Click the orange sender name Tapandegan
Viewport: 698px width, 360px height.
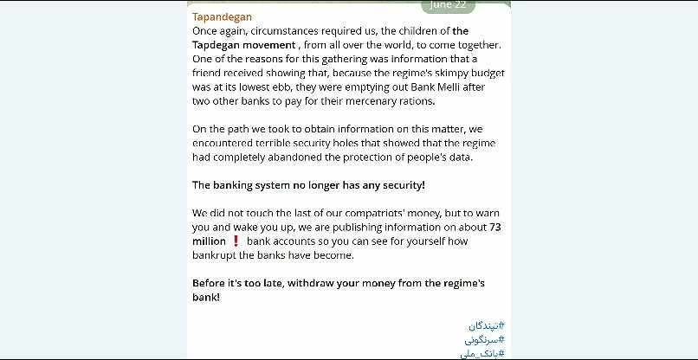click(x=223, y=16)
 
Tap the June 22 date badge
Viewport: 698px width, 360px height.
click(x=448, y=4)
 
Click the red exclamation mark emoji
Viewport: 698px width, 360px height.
click(x=235, y=241)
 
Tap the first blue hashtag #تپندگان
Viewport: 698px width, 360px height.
click(x=485, y=326)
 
